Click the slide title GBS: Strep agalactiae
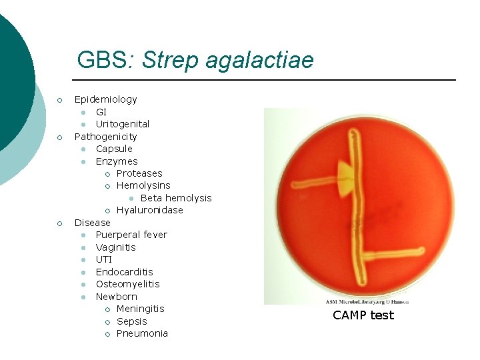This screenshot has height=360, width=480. point(195,60)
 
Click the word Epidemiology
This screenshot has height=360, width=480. point(105,99)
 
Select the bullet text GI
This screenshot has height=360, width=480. point(101,112)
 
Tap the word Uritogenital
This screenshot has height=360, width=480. point(123,124)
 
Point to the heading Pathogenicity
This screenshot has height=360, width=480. point(105,137)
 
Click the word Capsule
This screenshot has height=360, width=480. point(114,149)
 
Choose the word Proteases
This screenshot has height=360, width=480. point(139,173)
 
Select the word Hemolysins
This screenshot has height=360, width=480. point(143,185)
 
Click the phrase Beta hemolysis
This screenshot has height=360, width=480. point(176,198)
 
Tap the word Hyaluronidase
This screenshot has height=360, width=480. point(149,210)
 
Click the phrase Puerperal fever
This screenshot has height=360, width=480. point(131,235)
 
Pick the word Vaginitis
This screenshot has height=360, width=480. point(115,247)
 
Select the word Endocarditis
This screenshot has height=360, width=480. point(124,272)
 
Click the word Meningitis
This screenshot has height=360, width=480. point(140,309)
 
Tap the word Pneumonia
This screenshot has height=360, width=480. point(142,333)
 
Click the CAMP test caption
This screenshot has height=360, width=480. point(363,315)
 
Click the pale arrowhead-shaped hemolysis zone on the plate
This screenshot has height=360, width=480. point(346,179)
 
